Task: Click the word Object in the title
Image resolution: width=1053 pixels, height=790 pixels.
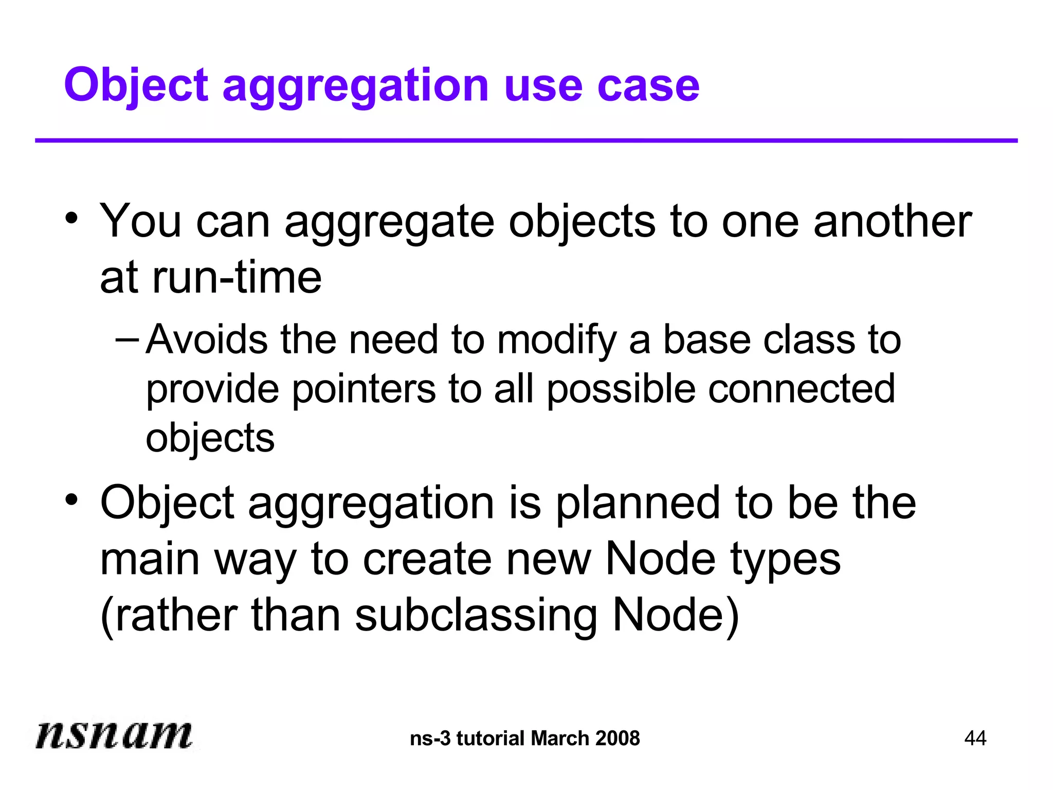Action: pos(136,85)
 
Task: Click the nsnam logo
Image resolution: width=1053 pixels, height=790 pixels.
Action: pos(114,734)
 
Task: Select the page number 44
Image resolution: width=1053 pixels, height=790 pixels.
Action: pos(975,738)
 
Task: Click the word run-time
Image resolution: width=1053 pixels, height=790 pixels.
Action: pos(237,278)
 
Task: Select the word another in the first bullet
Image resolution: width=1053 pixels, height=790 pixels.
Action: pos(893,221)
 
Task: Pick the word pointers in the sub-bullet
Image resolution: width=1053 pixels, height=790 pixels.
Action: pos(364,389)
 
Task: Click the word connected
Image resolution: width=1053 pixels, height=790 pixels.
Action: pos(802,389)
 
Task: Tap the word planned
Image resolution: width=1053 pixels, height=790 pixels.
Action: pos(638,504)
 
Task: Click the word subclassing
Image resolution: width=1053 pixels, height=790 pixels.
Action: pos(476,616)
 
